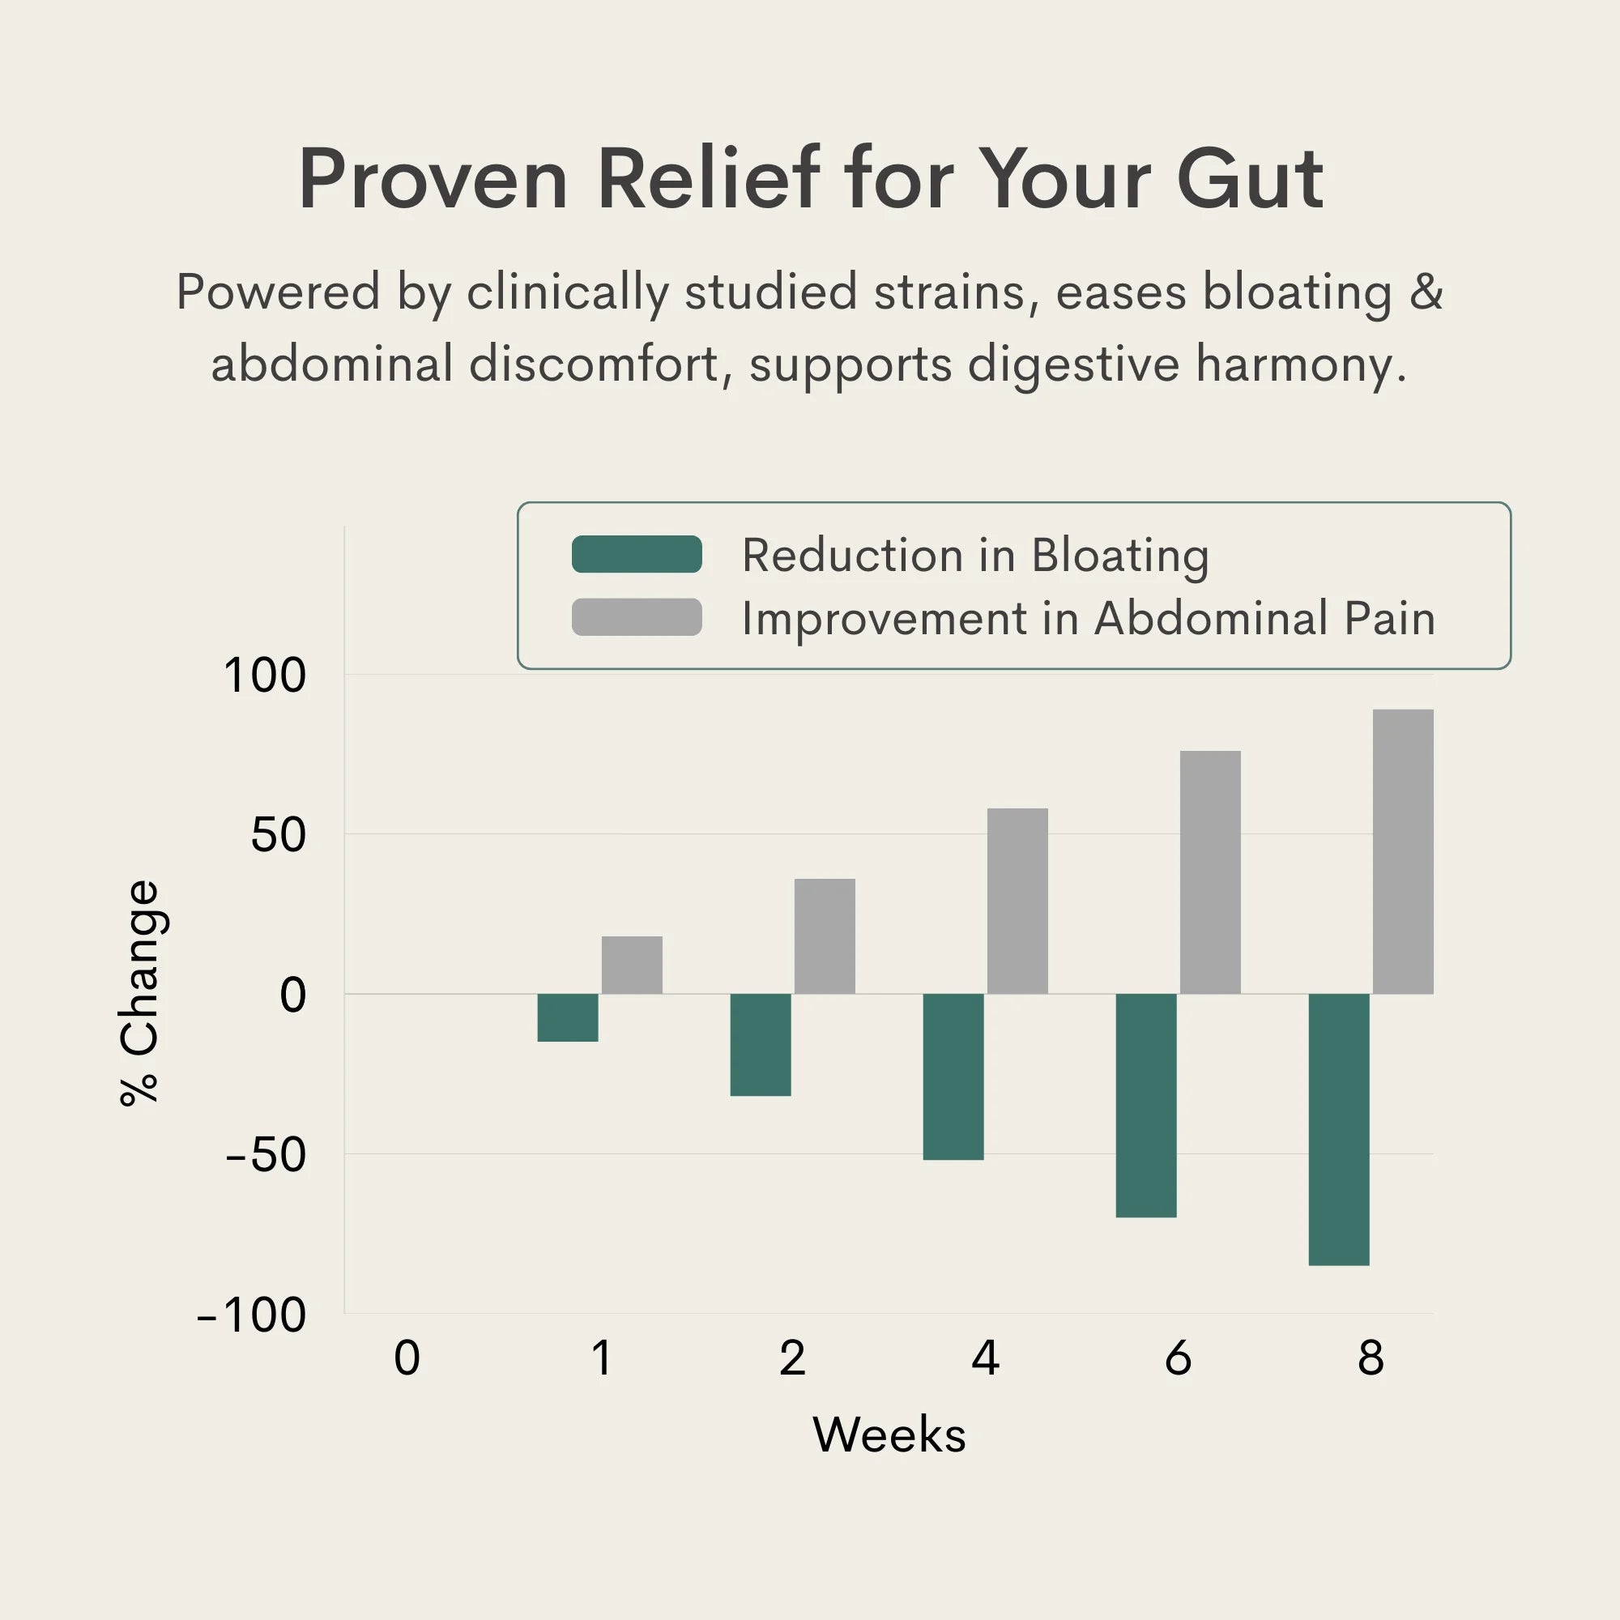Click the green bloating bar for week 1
[x=568, y=1017]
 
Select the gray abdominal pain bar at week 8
[x=1403, y=851]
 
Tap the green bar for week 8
[x=1338, y=1128]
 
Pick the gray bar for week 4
[x=1017, y=901]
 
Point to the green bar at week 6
[x=1145, y=1104]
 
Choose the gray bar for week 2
[x=825, y=936]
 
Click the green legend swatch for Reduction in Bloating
[x=637, y=554]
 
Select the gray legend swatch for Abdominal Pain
[x=637, y=617]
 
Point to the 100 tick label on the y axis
[x=265, y=675]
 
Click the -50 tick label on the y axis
[x=266, y=1154]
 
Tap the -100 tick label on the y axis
[x=252, y=1314]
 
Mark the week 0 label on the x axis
[x=407, y=1358]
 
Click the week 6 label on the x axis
[x=1178, y=1358]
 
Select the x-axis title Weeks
[x=889, y=1435]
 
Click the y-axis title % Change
[x=139, y=994]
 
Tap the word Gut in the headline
[x=1249, y=178]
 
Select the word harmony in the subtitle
[x=1300, y=364]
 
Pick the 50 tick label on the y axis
[x=279, y=835]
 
